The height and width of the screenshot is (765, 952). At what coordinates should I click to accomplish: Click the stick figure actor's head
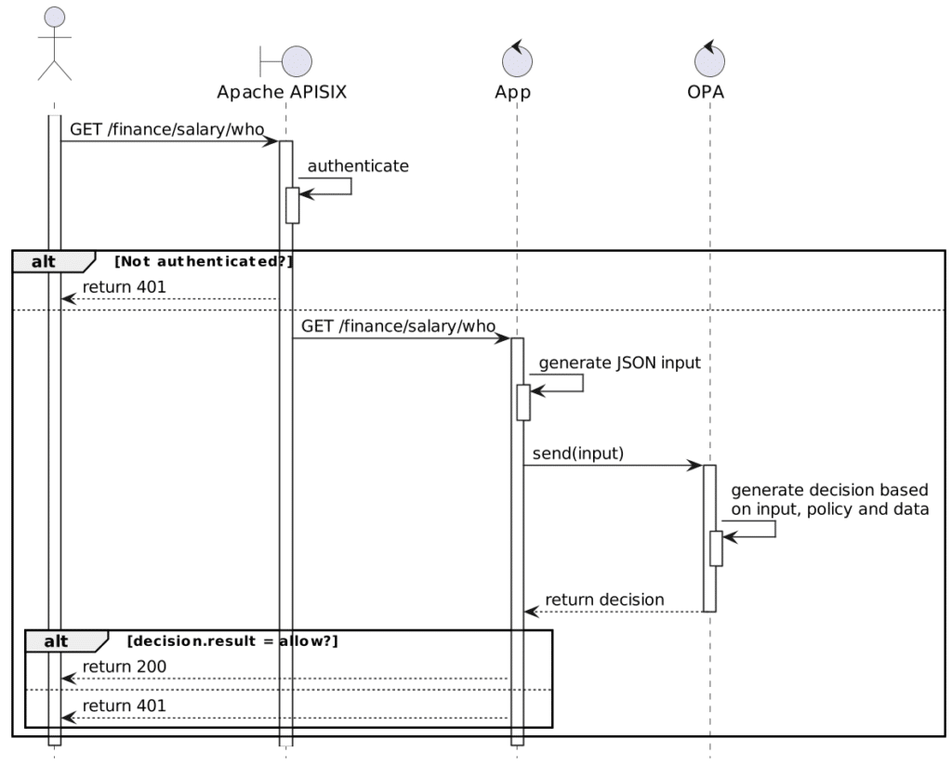coord(55,17)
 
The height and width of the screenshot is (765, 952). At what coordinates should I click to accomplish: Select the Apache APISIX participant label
coord(282,92)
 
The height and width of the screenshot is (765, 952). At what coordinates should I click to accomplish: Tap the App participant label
coord(513,92)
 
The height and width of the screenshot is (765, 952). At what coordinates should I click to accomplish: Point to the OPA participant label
coord(706,92)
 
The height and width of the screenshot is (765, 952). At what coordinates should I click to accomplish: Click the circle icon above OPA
coord(709,60)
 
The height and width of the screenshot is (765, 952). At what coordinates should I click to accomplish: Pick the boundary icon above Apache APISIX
coord(286,61)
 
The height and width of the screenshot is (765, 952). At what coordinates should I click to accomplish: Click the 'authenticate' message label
coord(358,165)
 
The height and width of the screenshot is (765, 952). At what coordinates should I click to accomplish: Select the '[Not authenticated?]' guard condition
coord(204,262)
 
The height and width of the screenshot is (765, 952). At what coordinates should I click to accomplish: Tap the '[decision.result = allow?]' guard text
coord(232,641)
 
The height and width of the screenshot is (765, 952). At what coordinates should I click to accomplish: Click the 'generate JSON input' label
coord(620,363)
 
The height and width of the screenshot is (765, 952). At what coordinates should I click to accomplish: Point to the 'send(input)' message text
coord(578,454)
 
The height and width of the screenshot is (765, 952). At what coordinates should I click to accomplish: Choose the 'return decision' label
coord(604,600)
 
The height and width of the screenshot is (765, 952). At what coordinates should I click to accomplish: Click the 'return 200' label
coord(125,666)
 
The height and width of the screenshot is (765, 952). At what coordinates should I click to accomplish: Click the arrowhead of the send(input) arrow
coord(695,466)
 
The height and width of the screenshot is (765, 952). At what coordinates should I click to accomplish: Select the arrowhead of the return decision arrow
coord(532,612)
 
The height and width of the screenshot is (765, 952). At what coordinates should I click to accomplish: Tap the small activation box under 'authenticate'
coord(293,205)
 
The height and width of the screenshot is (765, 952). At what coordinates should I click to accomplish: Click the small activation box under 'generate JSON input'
coord(523,402)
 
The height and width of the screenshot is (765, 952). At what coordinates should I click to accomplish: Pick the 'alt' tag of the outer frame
coord(44,262)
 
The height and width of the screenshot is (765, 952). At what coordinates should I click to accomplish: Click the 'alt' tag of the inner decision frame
coord(57,641)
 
